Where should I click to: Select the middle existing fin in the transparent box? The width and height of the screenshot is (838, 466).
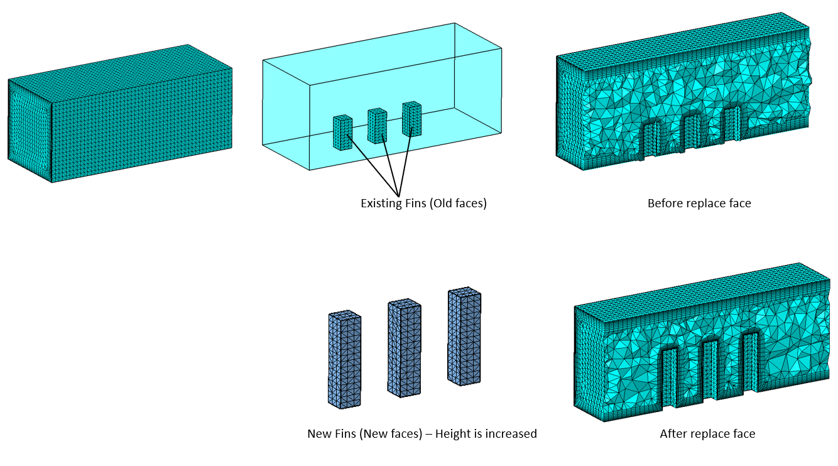[x=377, y=126]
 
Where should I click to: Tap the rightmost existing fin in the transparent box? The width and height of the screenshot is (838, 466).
[x=411, y=119]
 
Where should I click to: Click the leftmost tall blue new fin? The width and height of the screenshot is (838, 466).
[x=344, y=359]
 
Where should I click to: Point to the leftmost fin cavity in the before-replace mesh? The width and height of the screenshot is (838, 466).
[x=651, y=139]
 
